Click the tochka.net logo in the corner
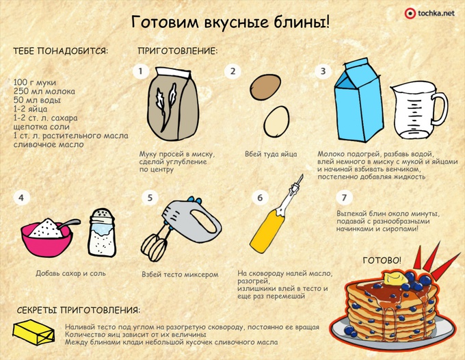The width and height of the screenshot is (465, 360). pyautogui.click(x=429, y=14)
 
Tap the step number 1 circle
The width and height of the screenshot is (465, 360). pyautogui.click(x=141, y=71)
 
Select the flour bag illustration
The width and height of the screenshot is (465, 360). pyautogui.click(x=173, y=104)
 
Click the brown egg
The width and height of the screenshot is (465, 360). pyautogui.click(x=265, y=87)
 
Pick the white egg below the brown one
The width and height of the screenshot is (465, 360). pyautogui.click(x=276, y=121)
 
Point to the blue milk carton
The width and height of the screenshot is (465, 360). pyautogui.click(x=358, y=100)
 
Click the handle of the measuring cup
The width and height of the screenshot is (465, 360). pyautogui.click(x=440, y=109)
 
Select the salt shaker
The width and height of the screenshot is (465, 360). pyautogui.click(x=102, y=233)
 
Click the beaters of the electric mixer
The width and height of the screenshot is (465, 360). pyautogui.click(x=154, y=247)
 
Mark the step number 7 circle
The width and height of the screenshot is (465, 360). pyautogui.click(x=344, y=197)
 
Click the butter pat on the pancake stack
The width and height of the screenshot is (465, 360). pyautogui.click(x=396, y=278)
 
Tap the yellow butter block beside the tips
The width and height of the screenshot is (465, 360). pyautogui.click(x=34, y=332)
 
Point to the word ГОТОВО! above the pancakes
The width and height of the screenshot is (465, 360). pyautogui.click(x=382, y=261)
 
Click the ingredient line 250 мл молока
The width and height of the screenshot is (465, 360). pyautogui.click(x=44, y=91)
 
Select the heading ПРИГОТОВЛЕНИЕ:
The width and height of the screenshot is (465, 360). pyautogui.click(x=178, y=51)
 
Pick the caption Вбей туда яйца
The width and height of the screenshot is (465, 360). pyautogui.click(x=271, y=154)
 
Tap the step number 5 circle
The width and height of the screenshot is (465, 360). pyautogui.click(x=150, y=198)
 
